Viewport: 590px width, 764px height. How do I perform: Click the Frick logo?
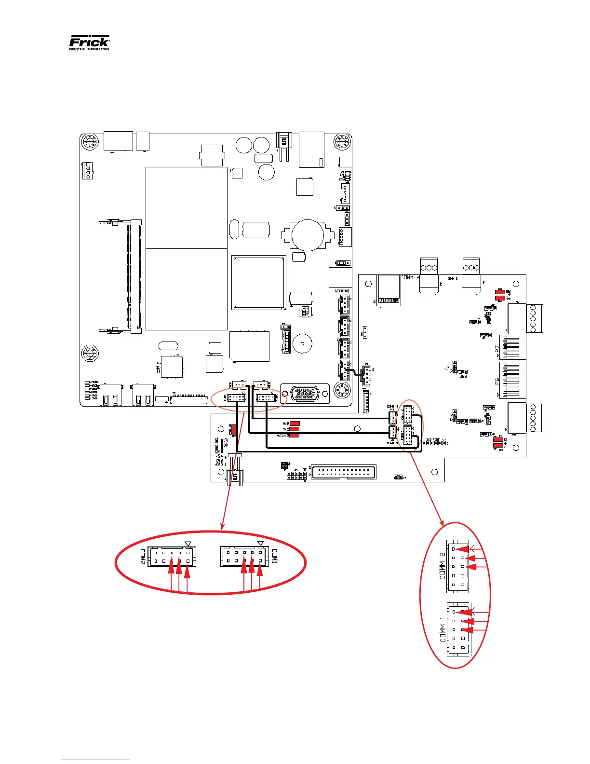(x=90, y=42)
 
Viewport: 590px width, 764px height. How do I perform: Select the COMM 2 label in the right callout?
(x=442, y=566)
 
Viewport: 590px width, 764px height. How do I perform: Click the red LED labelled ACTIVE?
(x=295, y=435)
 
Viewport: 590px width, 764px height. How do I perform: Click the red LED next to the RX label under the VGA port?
(x=295, y=423)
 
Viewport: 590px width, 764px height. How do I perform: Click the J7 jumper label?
(x=447, y=368)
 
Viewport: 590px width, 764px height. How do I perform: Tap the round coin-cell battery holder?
(x=308, y=235)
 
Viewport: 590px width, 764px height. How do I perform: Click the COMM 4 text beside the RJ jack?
(x=410, y=278)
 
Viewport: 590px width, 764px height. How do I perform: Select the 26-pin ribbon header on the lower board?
(x=343, y=472)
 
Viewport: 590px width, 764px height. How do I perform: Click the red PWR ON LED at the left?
(x=234, y=429)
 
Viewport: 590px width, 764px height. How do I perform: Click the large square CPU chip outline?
(x=259, y=282)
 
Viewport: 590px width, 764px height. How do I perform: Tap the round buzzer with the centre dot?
(x=302, y=344)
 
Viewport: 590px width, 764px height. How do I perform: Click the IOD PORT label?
(x=433, y=440)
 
